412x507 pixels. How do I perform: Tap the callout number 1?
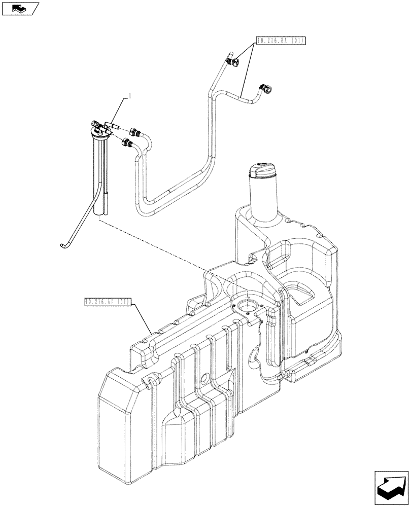click(x=131, y=95)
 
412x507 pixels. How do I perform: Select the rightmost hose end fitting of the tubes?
click(x=266, y=90)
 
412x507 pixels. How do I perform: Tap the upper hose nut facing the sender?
click(x=134, y=132)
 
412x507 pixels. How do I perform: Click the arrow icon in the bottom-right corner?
click(x=392, y=487)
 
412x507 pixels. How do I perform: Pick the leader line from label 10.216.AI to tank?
click(x=143, y=319)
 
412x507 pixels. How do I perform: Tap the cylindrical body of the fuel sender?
click(x=101, y=172)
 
